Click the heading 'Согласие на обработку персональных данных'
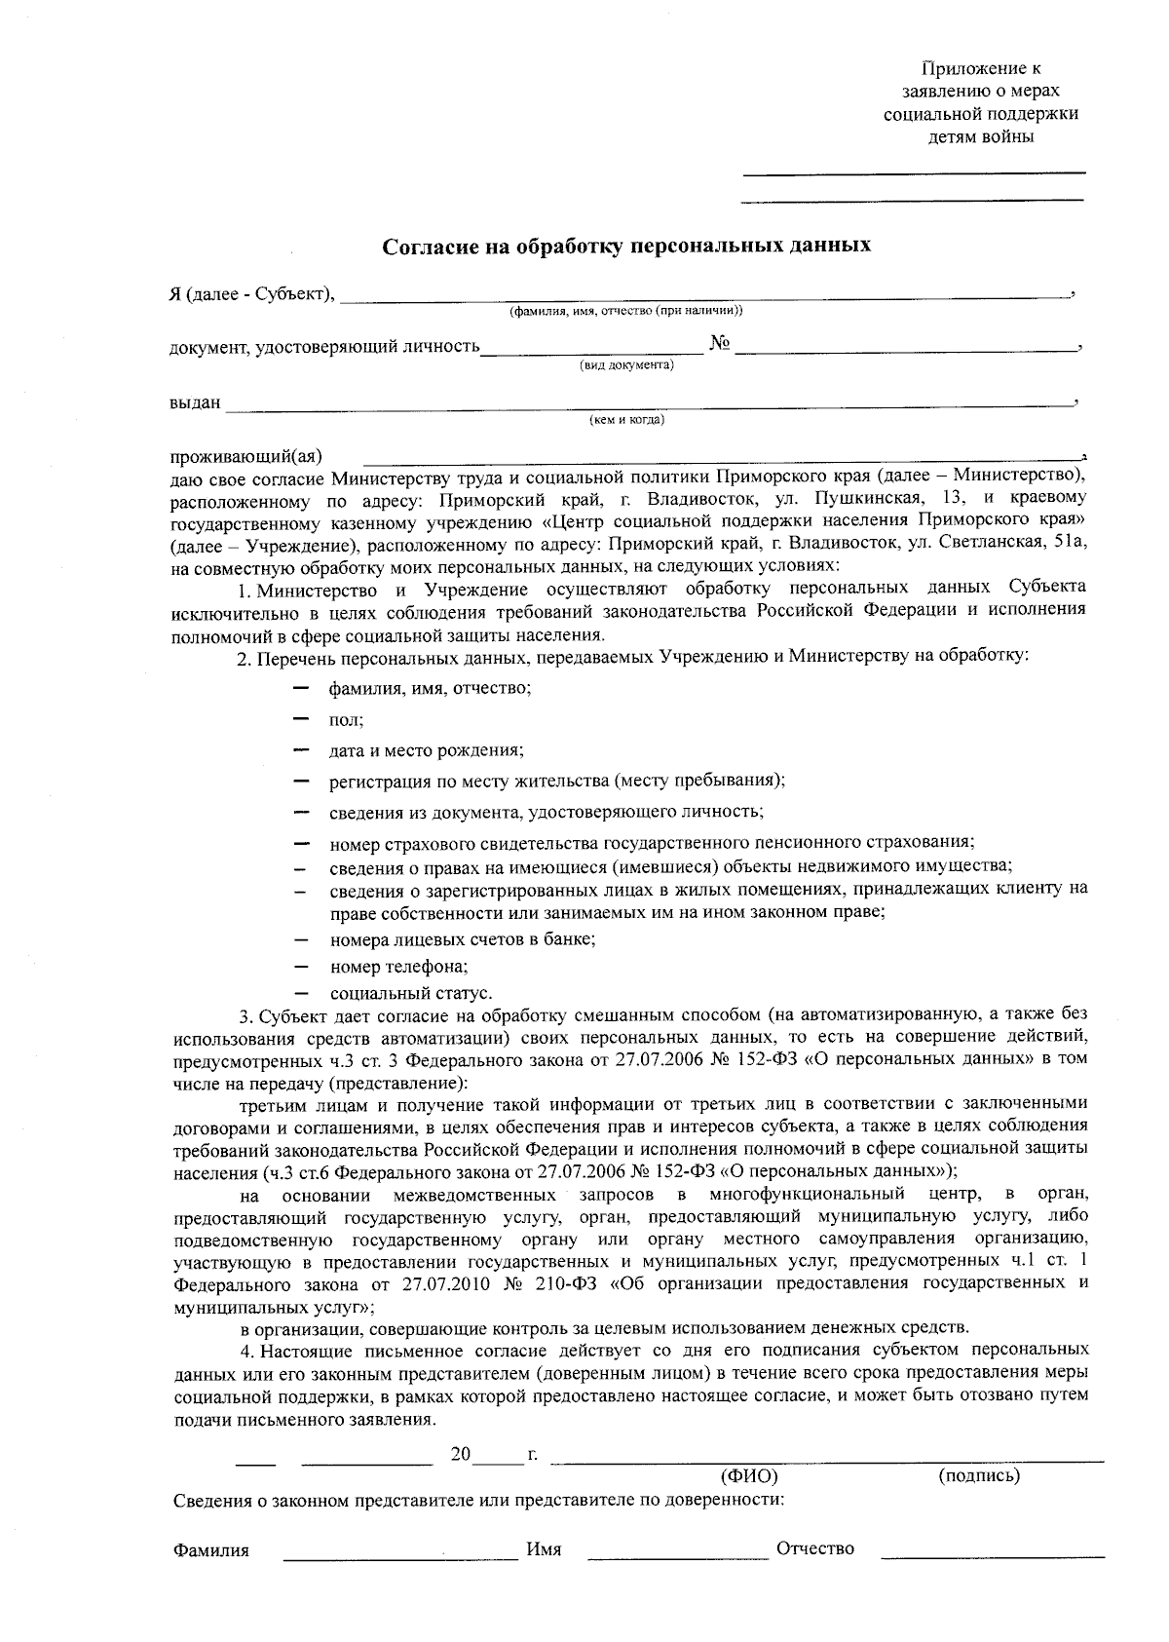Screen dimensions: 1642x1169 pos(625,245)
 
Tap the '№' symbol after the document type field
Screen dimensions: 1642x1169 pos(720,344)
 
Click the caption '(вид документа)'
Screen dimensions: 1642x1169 pos(626,365)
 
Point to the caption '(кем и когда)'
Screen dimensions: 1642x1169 pos(626,420)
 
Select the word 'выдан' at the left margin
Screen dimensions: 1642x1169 pos(195,402)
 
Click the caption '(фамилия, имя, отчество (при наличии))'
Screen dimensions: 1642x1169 pos(625,311)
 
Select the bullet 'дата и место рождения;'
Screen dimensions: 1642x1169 pos(426,750)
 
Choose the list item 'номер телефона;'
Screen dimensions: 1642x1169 pos(398,967)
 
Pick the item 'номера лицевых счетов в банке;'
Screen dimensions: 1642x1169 pos(463,939)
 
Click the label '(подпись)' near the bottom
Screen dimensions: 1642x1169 pos(978,1476)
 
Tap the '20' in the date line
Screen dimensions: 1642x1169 pos(461,1455)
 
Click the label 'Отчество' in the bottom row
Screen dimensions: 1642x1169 pos(814,1549)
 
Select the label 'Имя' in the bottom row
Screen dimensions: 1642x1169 pos(544,1549)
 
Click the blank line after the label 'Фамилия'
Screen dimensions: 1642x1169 pos(399,1554)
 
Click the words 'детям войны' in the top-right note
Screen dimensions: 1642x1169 pos(980,136)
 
